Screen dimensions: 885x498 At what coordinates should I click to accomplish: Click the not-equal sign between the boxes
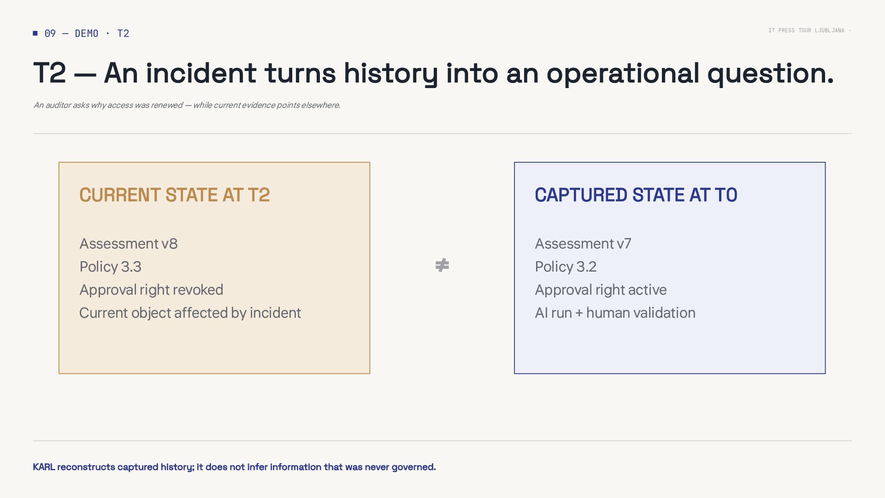point(442,265)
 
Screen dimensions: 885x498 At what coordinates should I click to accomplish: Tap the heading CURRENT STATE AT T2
point(175,195)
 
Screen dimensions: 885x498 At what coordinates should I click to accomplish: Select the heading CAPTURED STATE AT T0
point(636,195)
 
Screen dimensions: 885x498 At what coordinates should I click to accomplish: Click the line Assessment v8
point(129,243)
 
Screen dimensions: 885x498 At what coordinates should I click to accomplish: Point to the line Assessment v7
point(583,243)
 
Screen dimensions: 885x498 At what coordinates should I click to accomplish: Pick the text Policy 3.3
point(111,267)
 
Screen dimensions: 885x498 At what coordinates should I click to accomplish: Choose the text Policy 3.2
point(566,267)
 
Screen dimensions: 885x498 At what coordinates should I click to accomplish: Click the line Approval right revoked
point(151,290)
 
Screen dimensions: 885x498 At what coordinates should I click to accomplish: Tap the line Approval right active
point(601,290)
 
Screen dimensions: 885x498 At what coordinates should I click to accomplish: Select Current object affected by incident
point(190,313)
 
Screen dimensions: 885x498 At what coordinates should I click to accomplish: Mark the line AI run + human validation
point(615,313)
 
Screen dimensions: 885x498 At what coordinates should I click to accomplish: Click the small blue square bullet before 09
point(35,33)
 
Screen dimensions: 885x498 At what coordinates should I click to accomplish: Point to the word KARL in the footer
point(44,467)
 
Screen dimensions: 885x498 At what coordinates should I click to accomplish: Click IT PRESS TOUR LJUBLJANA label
point(806,30)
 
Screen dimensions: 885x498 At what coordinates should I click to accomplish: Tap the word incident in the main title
point(201,73)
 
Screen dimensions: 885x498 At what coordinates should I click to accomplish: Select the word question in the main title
point(770,73)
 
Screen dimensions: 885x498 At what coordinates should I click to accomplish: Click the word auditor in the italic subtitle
point(58,105)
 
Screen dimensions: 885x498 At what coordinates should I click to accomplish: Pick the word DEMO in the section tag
point(87,33)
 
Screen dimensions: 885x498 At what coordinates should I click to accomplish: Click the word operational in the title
point(623,73)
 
